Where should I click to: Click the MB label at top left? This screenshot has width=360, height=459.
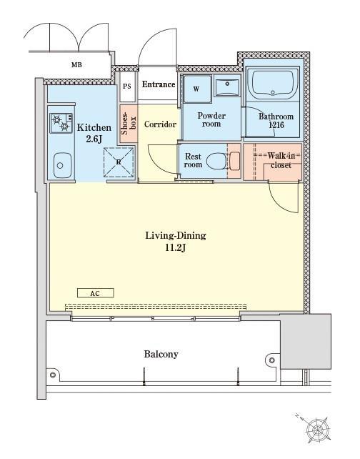76,64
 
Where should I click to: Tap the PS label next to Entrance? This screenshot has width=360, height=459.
127,87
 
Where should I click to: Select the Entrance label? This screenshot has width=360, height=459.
159,84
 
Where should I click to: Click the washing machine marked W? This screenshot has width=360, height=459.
197,89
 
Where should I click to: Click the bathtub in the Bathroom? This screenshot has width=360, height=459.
272,84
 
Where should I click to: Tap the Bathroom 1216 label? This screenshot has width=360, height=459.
276,121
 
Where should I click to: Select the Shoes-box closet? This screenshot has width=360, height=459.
129,124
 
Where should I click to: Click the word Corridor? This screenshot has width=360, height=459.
160,124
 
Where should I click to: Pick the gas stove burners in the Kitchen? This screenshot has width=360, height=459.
61,123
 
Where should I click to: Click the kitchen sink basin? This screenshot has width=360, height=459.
63,165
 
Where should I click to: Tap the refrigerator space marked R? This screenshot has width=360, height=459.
119,162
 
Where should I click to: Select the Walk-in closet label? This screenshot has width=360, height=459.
281,160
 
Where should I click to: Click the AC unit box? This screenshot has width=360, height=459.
95,293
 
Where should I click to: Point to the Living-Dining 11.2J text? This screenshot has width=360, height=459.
176,242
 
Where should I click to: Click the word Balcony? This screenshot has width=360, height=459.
161,354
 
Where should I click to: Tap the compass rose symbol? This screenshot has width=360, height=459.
317,430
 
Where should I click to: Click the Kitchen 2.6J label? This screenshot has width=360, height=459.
94,133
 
